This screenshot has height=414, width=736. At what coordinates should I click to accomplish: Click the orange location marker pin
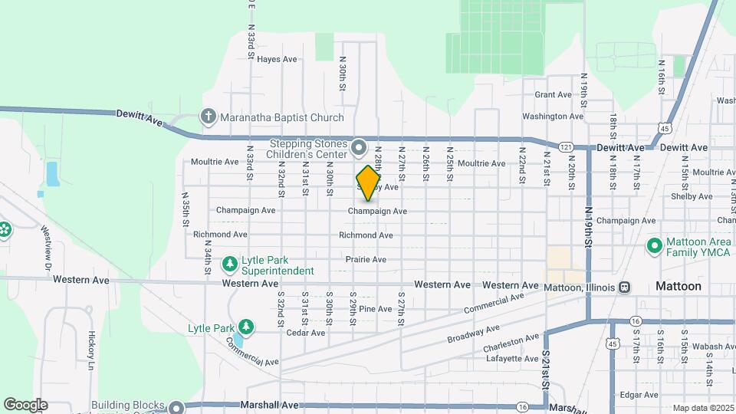(x=369, y=182)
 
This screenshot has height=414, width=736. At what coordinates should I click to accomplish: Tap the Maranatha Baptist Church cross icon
(x=208, y=117)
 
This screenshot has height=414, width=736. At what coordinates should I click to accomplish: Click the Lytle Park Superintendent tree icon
(x=229, y=264)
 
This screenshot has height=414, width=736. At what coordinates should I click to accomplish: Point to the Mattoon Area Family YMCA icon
(x=654, y=246)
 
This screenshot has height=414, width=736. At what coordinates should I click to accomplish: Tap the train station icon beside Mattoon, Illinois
(x=626, y=287)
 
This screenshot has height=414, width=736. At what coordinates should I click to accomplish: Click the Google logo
(x=25, y=405)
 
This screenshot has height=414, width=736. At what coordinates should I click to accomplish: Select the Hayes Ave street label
(x=277, y=59)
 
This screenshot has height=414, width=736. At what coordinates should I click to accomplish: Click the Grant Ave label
(x=554, y=95)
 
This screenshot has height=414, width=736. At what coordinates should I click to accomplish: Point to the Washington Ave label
(x=553, y=117)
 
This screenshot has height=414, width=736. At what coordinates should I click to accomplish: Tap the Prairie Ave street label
(x=366, y=260)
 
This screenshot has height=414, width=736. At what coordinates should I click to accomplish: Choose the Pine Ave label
(x=376, y=309)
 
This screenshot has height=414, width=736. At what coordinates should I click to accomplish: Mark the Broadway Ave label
(x=468, y=335)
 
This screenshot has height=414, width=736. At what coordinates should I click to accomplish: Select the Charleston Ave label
(x=511, y=343)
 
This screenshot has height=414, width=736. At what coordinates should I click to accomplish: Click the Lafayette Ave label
(x=511, y=358)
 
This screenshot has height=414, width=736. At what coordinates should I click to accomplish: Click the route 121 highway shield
(x=566, y=146)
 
